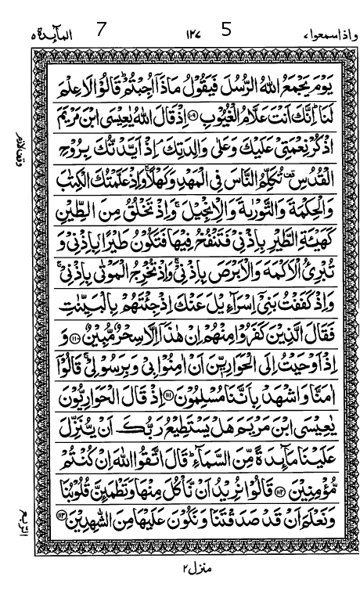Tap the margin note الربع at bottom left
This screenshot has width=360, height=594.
point(19,520)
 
